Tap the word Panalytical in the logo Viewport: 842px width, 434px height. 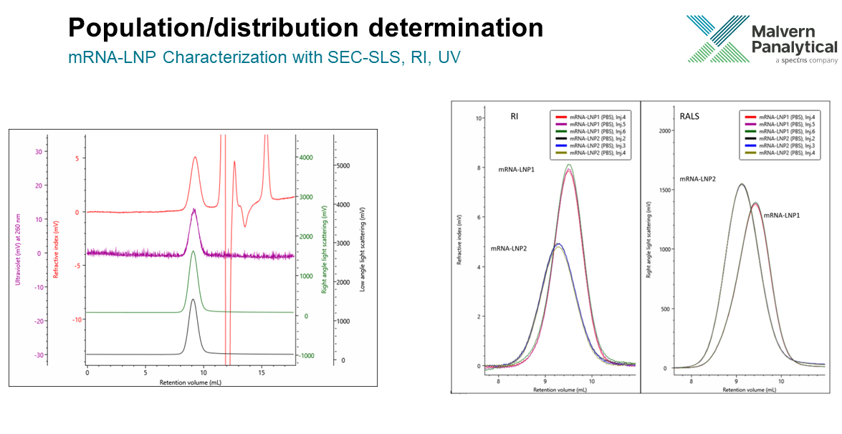click(794, 47)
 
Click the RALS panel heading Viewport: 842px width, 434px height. click(689, 115)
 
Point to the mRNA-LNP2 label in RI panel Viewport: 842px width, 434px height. click(509, 249)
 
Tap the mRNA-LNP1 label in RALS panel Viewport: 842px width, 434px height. click(782, 216)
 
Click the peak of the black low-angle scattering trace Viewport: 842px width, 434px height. click(193, 299)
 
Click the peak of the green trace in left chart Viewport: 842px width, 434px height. click(193, 251)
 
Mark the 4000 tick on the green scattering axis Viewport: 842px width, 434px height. click(306, 158)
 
